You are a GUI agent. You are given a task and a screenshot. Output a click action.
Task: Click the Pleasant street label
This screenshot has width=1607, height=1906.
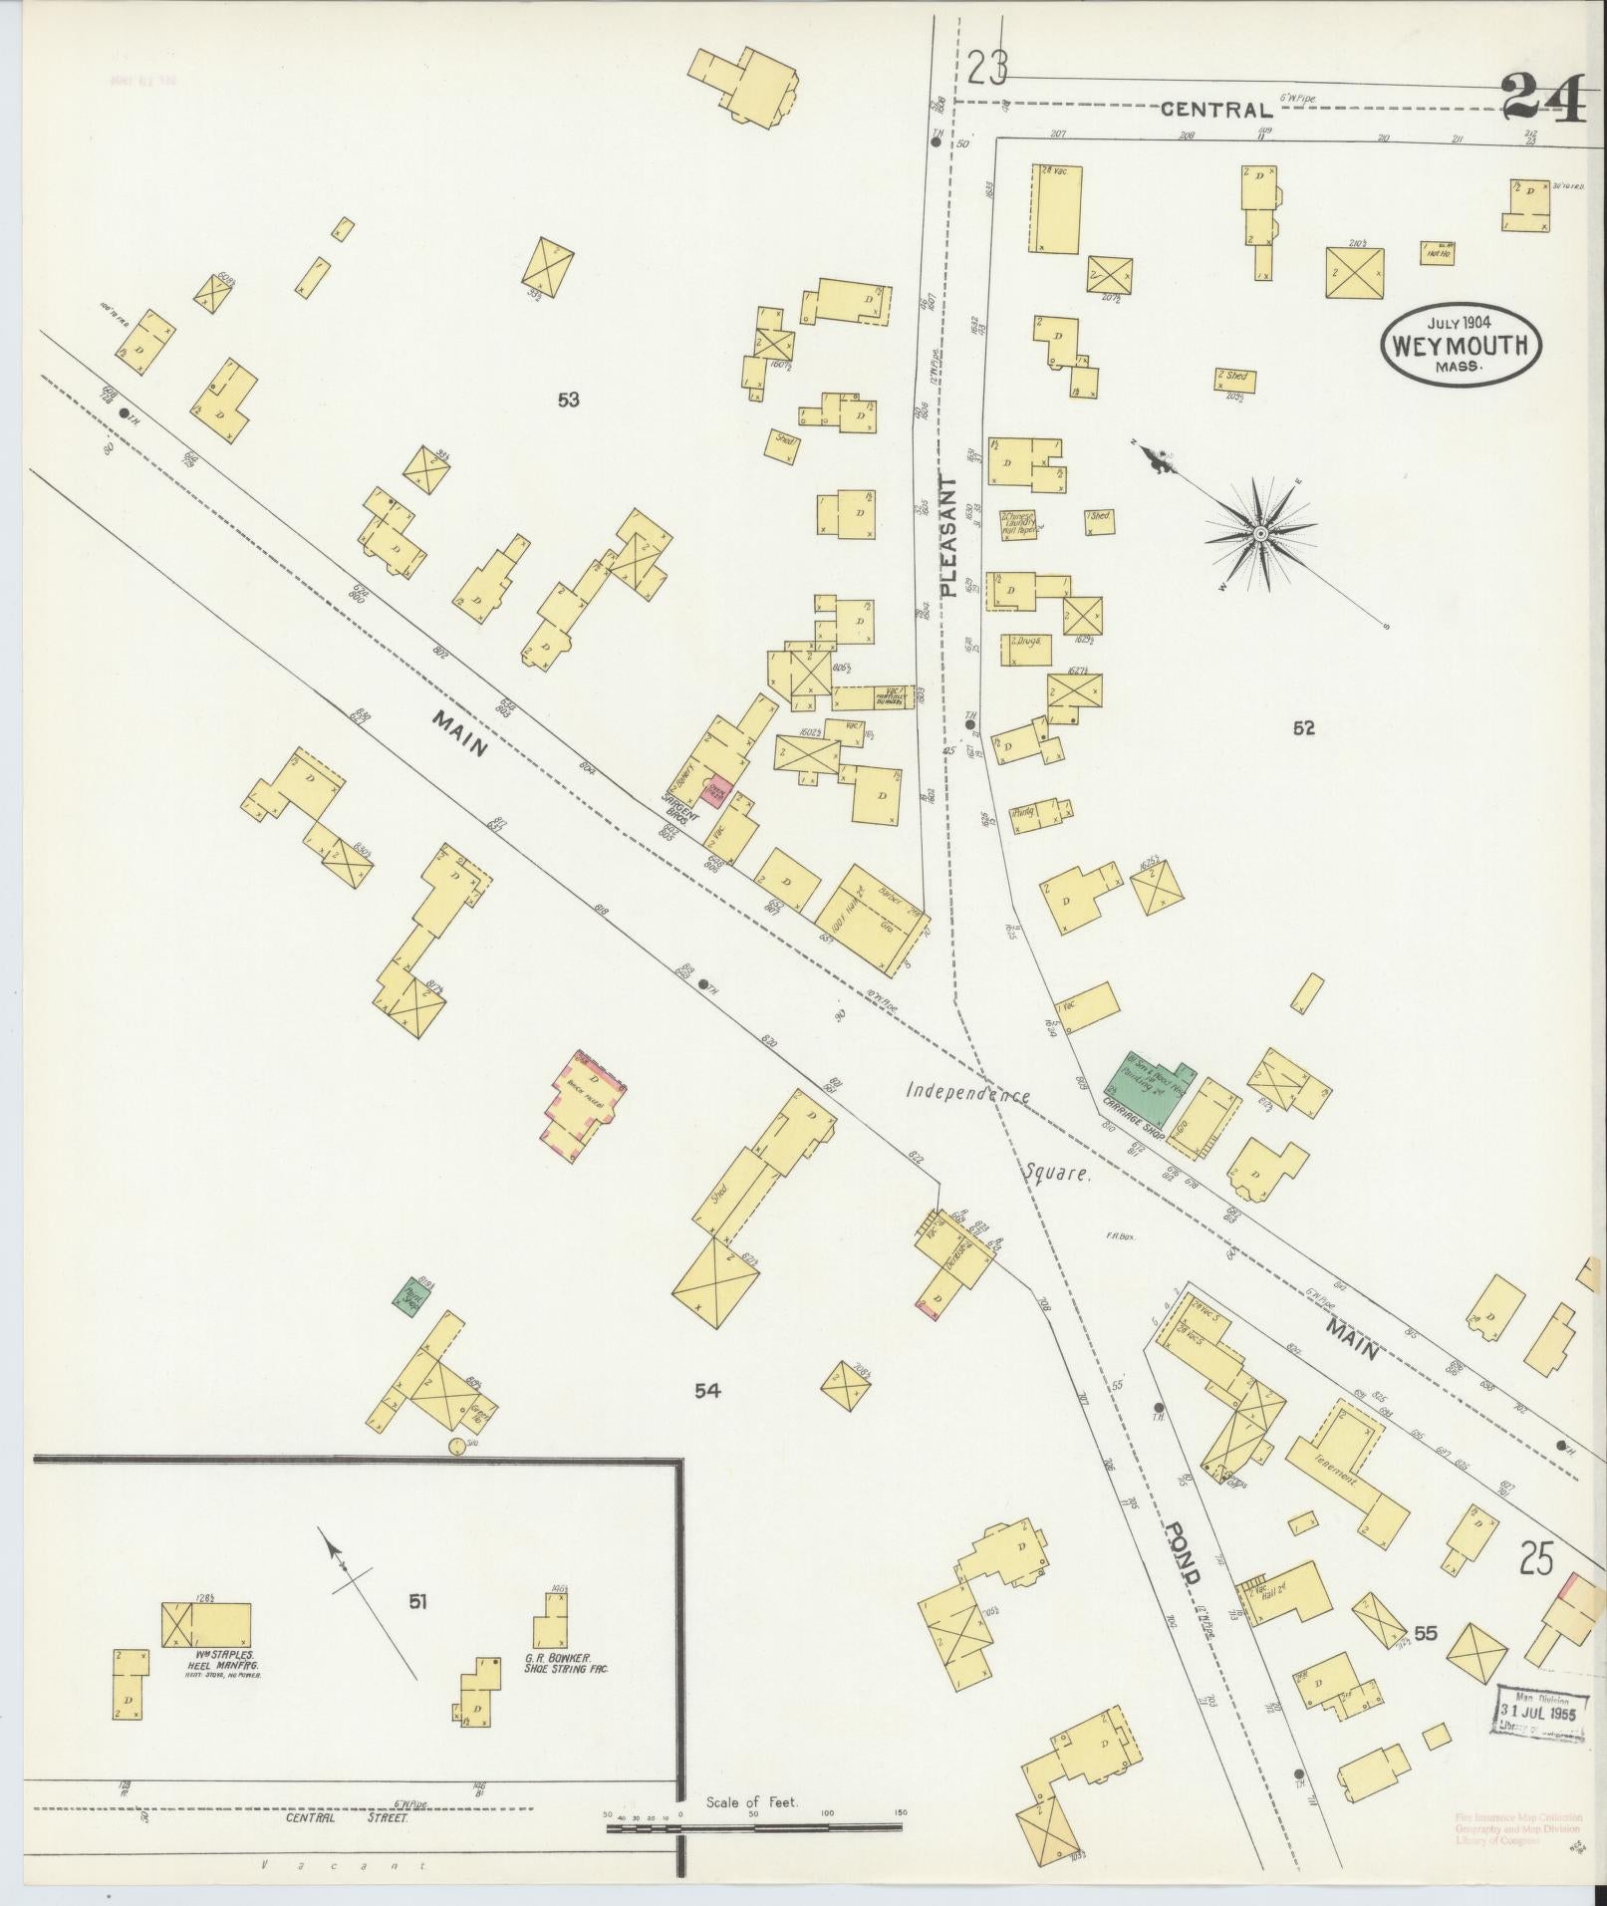947,536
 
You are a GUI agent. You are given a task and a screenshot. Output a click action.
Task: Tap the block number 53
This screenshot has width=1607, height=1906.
568,401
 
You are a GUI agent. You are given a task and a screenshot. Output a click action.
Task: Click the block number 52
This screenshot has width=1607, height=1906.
1303,728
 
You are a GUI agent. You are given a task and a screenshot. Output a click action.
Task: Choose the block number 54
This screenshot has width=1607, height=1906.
707,1390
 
